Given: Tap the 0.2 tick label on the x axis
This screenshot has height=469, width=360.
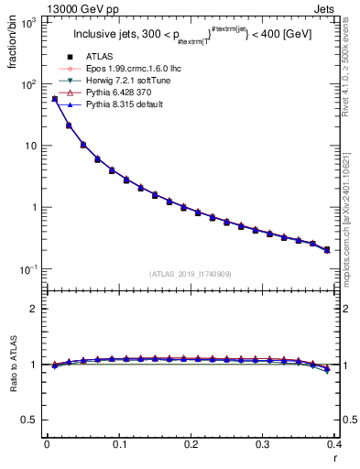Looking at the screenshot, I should coord(191,444).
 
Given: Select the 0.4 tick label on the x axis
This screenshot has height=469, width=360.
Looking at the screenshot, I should coord(334,444).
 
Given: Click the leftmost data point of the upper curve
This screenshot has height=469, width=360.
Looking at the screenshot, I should coord(54,99).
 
